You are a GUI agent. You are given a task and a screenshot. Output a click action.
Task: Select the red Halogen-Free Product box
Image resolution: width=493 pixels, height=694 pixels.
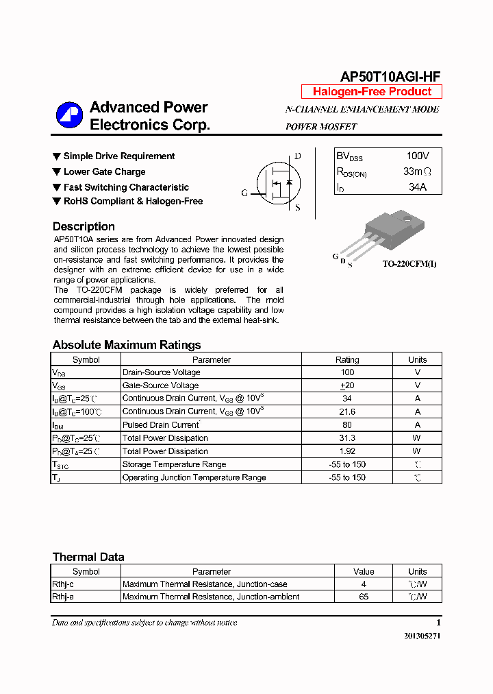(x=372, y=92)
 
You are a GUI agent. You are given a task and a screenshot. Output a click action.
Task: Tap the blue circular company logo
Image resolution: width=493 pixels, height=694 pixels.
(x=69, y=115)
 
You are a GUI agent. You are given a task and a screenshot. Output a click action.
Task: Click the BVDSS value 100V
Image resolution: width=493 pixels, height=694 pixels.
(x=417, y=156)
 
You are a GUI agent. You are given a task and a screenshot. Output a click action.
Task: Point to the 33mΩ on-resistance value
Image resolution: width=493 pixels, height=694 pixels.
(x=417, y=171)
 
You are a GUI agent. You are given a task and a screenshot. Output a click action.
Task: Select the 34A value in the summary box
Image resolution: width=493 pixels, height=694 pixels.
(x=417, y=187)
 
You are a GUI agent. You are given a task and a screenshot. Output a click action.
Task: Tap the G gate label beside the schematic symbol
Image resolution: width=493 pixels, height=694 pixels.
(x=244, y=193)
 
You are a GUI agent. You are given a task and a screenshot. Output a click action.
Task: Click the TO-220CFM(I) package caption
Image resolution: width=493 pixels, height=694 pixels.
(x=409, y=263)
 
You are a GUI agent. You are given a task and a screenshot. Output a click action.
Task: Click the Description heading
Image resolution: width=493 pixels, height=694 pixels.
(x=84, y=226)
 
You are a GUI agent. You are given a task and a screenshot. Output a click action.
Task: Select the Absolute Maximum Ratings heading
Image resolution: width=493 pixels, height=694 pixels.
(x=127, y=345)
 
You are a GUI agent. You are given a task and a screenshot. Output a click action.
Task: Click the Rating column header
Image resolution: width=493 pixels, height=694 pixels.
(x=347, y=359)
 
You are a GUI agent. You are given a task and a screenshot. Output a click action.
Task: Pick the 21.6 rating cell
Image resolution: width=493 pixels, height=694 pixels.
(x=347, y=411)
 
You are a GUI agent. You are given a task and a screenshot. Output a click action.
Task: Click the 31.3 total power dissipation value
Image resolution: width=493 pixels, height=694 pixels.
(x=347, y=438)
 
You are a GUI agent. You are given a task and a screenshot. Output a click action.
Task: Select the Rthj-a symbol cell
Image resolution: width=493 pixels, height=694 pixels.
(x=63, y=597)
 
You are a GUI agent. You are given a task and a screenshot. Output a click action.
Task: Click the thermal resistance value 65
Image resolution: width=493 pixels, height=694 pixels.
(x=364, y=597)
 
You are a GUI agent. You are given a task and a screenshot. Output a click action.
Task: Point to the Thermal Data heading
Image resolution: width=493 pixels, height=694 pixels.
(x=88, y=557)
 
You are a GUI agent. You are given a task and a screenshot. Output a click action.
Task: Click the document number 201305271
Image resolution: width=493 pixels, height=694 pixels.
(x=422, y=636)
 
